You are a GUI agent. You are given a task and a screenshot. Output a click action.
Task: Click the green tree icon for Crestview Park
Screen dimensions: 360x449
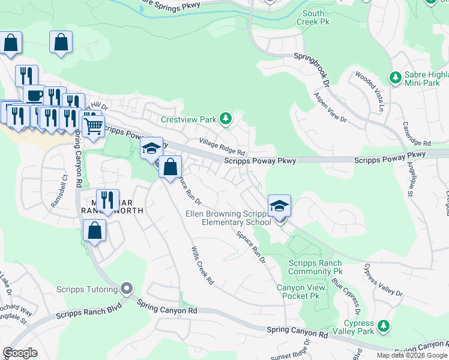[x=225, y=119]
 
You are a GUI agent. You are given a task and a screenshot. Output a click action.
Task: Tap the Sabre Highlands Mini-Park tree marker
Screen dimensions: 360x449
[x=396, y=78]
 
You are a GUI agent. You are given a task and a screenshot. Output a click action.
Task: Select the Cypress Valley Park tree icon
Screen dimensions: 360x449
[x=384, y=326]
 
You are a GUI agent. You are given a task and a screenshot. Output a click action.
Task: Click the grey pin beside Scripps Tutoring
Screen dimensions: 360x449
[x=126, y=289]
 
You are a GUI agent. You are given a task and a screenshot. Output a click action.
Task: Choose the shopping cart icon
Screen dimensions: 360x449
[x=92, y=126]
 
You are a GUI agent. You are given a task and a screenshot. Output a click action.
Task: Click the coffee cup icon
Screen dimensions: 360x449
[x=34, y=96]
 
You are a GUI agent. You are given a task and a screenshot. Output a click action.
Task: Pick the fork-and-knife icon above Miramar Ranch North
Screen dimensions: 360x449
[x=107, y=200]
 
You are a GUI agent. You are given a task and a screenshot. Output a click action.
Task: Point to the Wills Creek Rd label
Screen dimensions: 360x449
[x=202, y=265]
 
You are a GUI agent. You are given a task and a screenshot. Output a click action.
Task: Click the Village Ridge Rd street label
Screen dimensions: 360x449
[x=222, y=147]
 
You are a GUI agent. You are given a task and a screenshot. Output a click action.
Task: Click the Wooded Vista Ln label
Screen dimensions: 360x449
[x=369, y=92]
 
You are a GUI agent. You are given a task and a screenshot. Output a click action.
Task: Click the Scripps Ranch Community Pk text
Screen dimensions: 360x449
[x=315, y=267]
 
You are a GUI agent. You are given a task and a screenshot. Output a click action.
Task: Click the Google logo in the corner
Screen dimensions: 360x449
[x=20, y=353]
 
